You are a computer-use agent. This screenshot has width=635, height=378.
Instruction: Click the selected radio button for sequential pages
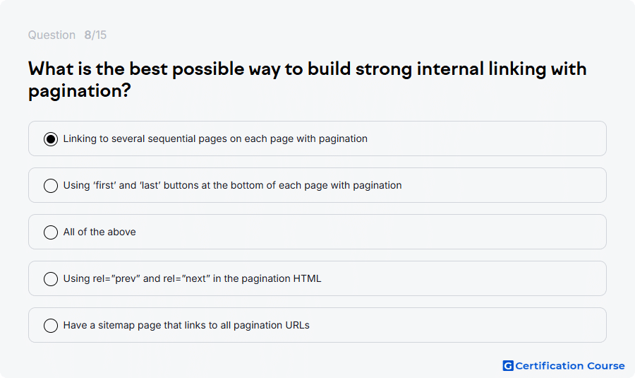51,139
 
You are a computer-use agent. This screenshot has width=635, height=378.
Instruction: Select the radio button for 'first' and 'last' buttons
51,186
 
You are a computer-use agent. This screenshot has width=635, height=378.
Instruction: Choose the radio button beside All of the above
51,232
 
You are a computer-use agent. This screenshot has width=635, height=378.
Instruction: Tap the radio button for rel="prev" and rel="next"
51,279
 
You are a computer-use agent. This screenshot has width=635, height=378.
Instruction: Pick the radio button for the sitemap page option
51,326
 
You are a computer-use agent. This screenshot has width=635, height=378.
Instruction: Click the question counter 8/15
95,35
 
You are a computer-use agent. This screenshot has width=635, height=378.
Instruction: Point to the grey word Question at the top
52,35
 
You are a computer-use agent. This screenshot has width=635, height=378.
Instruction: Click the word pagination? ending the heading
80,91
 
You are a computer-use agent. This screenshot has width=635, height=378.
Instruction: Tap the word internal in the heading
450,69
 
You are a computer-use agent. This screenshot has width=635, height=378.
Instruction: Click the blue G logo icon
508,366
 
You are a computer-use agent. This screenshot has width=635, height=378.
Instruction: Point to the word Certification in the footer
549,366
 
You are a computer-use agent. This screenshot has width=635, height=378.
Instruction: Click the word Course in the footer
606,366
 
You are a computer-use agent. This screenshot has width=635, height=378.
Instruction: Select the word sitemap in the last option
116,325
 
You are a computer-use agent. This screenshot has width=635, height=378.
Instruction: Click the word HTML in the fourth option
307,278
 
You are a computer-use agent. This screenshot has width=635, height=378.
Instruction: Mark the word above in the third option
121,232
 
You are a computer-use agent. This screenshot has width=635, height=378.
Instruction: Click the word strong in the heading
384,70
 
